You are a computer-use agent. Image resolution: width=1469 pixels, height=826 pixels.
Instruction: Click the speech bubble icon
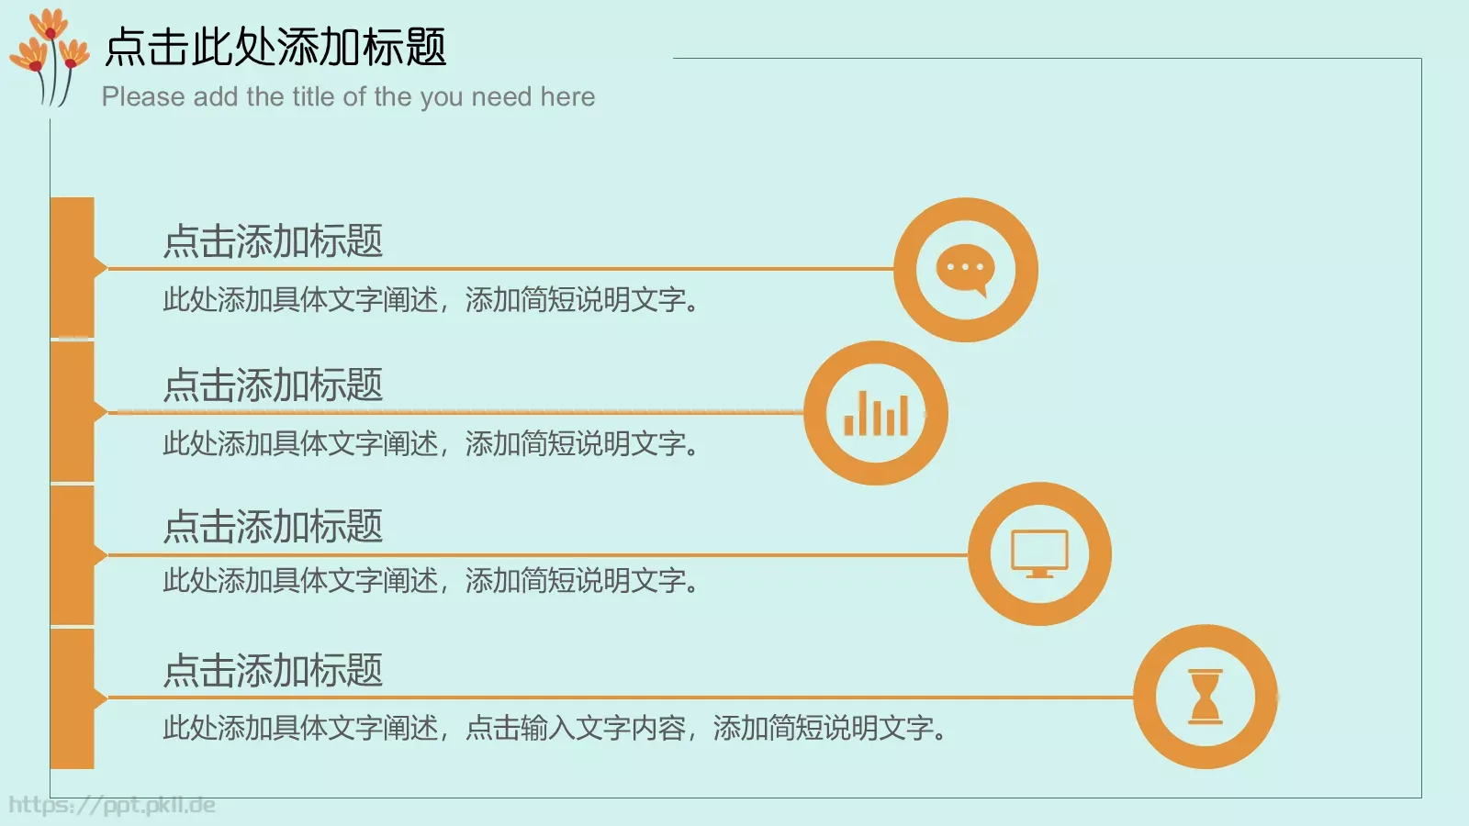(x=965, y=270)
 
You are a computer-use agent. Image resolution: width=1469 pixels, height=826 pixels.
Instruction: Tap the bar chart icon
(x=876, y=413)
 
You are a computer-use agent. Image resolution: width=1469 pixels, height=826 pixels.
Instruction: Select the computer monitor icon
(x=1039, y=553)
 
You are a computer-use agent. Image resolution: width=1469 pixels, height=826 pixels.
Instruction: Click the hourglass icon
(x=1205, y=697)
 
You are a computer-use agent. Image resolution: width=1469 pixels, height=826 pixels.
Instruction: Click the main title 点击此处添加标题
(x=275, y=47)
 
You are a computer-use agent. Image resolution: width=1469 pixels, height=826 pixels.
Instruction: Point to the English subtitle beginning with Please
(x=348, y=96)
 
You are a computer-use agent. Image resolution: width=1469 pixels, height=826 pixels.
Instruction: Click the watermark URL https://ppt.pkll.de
(x=112, y=805)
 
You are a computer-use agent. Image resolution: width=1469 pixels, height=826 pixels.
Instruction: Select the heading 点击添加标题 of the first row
(x=273, y=241)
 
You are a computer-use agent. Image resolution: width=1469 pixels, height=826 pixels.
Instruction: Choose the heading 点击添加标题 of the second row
(x=273, y=385)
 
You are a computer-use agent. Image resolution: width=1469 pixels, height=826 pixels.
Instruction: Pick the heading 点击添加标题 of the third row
(x=273, y=527)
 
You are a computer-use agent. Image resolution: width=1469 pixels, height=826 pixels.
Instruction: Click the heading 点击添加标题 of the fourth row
(x=273, y=671)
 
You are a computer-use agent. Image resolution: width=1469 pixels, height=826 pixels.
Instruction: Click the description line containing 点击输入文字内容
(x=554, y=729)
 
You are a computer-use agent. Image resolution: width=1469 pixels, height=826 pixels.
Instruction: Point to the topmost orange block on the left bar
(x=73, y=266)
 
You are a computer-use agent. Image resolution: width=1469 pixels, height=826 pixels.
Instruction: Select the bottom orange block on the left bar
(x=73, y=698)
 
